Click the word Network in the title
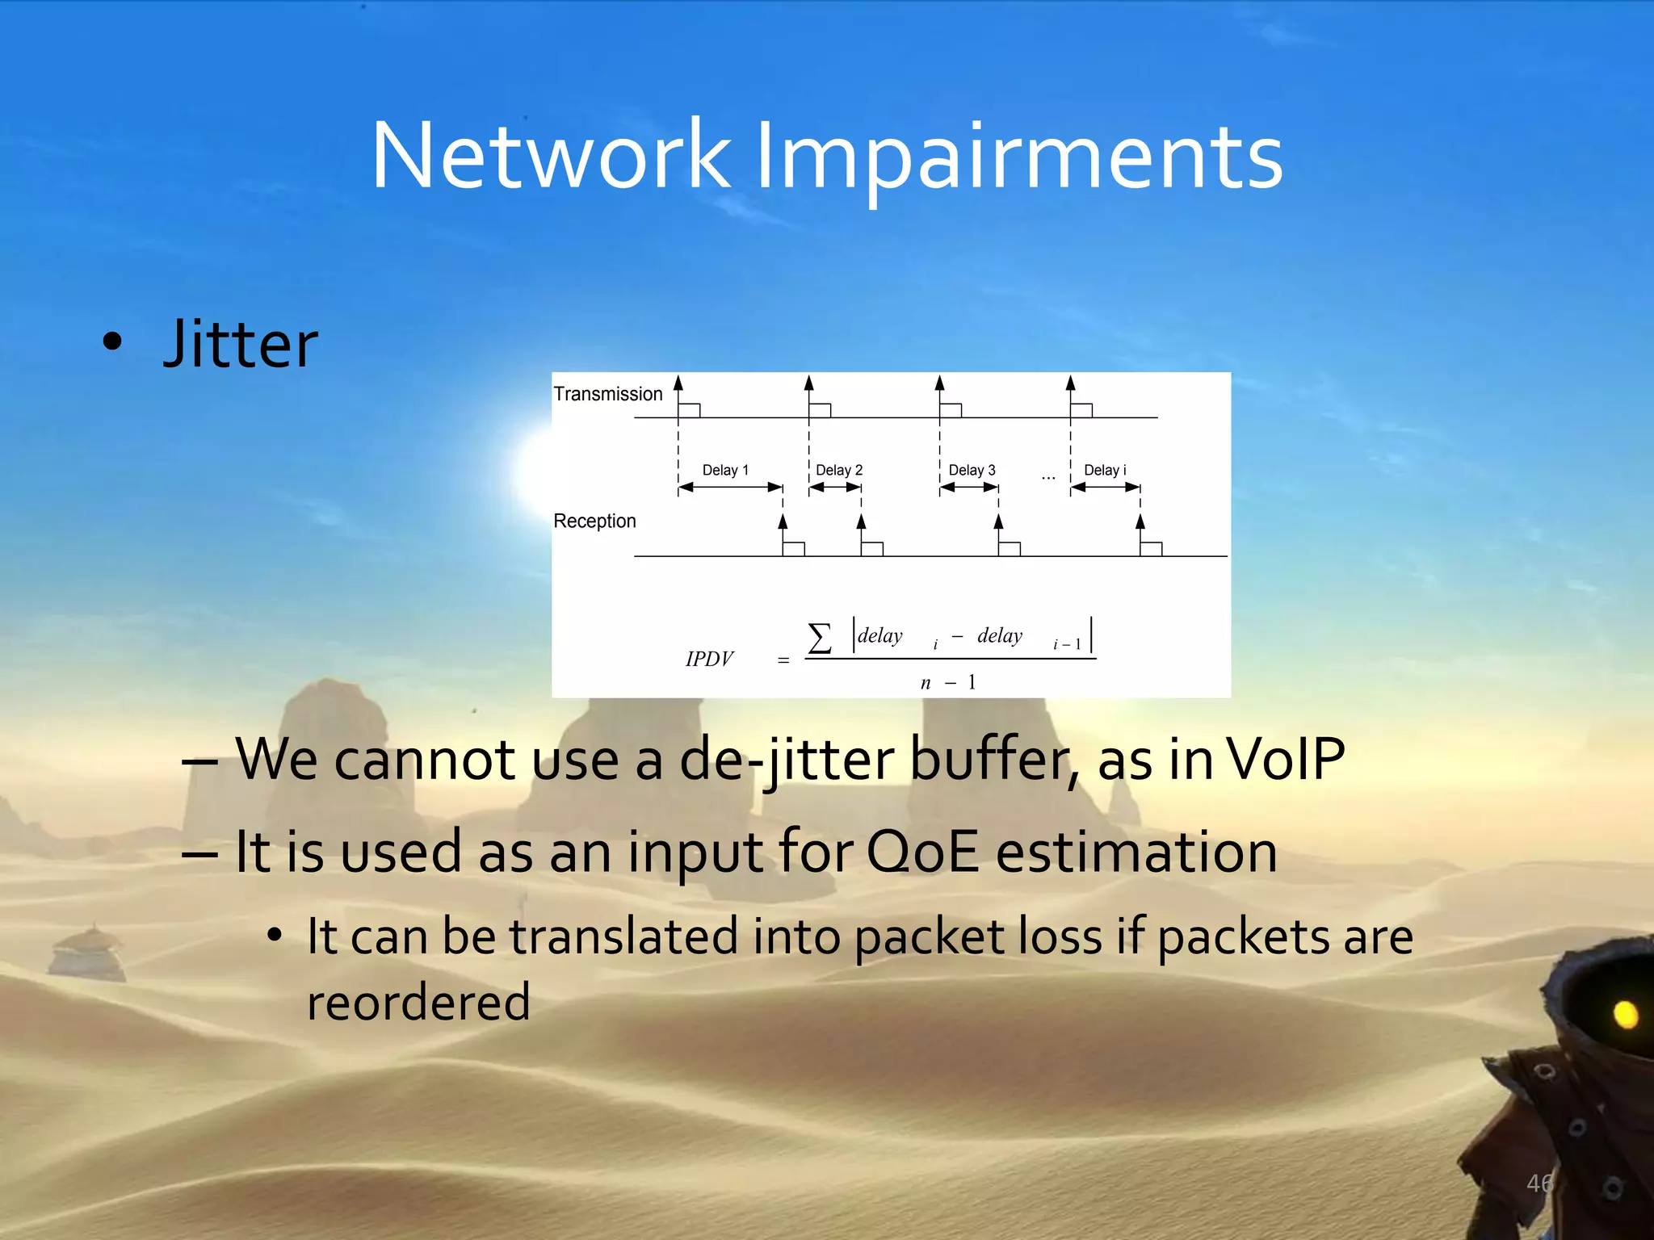[x=551, y=155]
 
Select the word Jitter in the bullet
[x=241, y=345]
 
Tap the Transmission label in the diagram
[x=607, y=394]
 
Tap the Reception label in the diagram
[x=594, y=521]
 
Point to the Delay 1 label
[x=725, y=470]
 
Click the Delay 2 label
[x=838, y=470]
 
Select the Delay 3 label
[x=972, y=470]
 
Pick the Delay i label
[x=1104, y=470]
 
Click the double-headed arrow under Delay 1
[x=730, y=487]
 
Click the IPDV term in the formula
[x=709, y=660]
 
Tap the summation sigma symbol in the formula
[x=819, y=638]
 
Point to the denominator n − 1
[x=948, y=683]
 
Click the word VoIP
[x=1285, y=759]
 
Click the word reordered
[x=418, y=1003]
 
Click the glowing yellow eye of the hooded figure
[x=1625, y=1014]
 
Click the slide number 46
[x=1539, y=1183]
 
